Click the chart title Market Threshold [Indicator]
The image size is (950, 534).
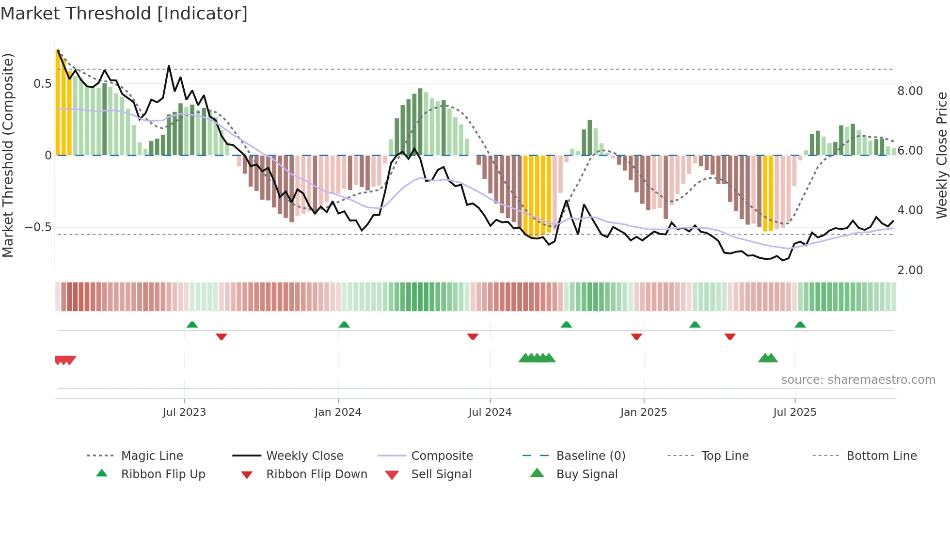[x=124, y=14]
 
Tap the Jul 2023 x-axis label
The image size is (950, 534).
[x=184, y=412]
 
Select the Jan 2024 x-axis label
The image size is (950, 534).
[x=338, y=412]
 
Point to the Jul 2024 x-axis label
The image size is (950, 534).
[x=490, y=412]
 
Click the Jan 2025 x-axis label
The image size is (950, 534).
[x=644, y=412]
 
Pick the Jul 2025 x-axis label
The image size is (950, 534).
[x=795, y=412]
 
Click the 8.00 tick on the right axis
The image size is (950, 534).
[x=910, y=91]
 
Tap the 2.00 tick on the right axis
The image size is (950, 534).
[x=910, y=270]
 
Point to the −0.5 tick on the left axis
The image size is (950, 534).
[x=38, y=227]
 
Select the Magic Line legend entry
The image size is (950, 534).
[x=152, y=456]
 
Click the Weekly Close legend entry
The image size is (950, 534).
[x=304, y=456]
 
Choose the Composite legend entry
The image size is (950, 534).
[x=442, y=456]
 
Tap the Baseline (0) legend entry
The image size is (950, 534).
[x=590, y=456]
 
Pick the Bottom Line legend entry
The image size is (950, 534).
[x=881, y=456]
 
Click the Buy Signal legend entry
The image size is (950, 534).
[x=586, y=474]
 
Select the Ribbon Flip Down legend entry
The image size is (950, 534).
[x=316, y=474]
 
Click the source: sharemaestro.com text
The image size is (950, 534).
[x=858, y=380]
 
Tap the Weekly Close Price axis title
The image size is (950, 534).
[x=941, y=155]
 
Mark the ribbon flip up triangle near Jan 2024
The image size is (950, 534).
[x=344, y=325]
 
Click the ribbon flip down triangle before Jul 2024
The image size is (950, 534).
[x=473, y=336]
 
